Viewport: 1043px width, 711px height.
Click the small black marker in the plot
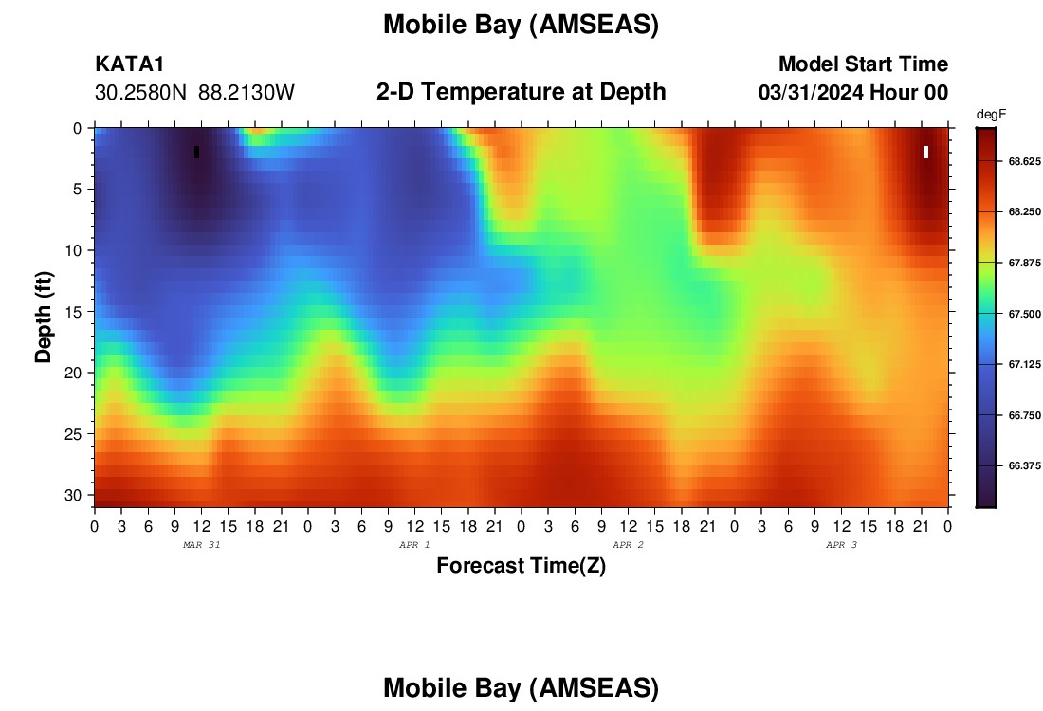click(x=197, y=153)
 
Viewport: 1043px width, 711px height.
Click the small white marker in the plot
click(x=926, y=153)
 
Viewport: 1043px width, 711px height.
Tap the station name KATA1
click(x=130, y=64)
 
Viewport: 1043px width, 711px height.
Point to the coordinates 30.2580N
click(x=141, y=93)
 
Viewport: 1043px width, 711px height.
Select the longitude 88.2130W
click(x=247, y=93)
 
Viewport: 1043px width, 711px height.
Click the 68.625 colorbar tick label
click(x=1024, y=161)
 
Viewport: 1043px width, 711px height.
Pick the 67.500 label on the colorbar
click(x=1024, y=314)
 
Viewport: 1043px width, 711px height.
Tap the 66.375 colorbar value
click(x=1024, y=466)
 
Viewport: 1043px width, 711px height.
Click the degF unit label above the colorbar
click(x=991, y=115)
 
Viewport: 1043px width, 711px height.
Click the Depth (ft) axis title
click(x=44, y=318)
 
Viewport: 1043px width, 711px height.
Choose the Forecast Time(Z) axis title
click(x=521, y=565)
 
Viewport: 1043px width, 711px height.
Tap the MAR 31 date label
click(x=202, y=545)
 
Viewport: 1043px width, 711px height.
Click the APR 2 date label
click(x=628, y=545)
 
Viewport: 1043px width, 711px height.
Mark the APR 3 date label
click(x=841, y=545)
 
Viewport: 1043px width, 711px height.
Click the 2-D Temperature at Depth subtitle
click(x=521, y=92)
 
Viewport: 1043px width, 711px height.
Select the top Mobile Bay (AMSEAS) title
click(x=521, y=25)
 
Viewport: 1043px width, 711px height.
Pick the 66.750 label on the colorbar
click(x=1024, y=415)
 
